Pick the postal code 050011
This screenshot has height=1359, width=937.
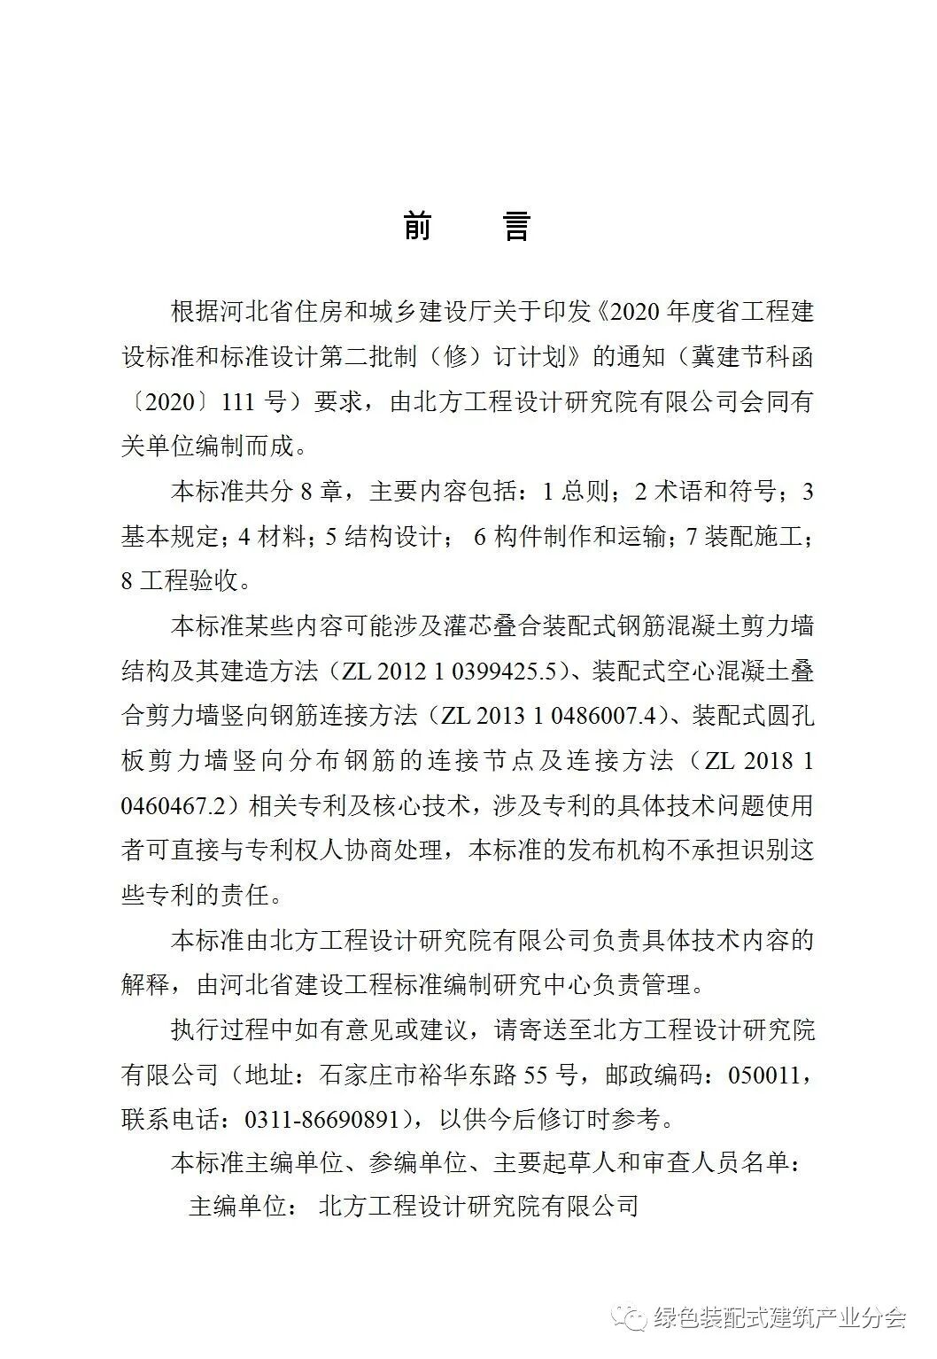[763, 1076]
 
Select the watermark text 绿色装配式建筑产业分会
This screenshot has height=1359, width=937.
[779, 1318]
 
